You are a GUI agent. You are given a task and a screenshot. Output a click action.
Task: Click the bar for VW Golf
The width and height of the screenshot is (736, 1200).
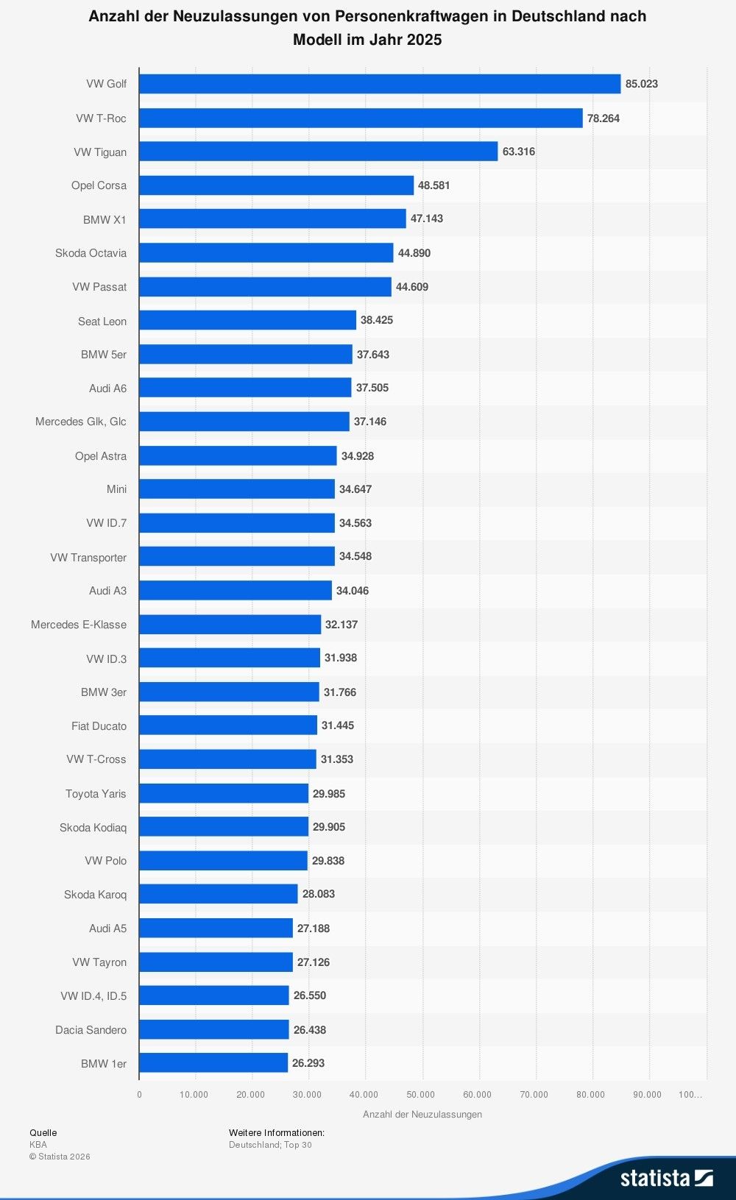(379, 84)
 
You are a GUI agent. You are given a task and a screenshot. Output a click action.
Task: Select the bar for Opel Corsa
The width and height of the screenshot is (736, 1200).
(276, 185)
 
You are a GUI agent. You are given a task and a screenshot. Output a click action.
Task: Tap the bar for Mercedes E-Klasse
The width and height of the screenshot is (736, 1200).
(230, 625)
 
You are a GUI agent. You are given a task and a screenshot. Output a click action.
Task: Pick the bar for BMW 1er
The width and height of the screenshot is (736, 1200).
(213, 1063)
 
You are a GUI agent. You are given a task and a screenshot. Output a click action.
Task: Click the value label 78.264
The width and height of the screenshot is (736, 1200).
(603, 118)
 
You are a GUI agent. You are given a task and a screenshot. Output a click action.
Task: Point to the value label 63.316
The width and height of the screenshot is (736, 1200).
(518, 152)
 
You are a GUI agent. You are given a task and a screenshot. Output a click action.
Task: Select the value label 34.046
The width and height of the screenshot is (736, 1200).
(352, 591)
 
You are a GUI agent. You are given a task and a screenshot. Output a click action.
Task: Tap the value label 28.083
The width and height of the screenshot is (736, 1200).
(318, 894)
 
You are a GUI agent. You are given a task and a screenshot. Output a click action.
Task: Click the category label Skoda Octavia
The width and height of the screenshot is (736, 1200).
(91, 253)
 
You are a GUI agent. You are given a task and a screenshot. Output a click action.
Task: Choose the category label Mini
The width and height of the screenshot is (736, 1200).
(116, 489)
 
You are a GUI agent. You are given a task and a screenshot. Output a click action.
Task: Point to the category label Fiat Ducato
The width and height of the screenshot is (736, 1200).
(99, 726)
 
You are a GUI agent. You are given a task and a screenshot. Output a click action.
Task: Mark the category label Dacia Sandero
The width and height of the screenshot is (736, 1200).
(91, 1030)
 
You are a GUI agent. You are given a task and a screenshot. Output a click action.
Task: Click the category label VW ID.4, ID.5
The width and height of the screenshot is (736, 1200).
(93, 996)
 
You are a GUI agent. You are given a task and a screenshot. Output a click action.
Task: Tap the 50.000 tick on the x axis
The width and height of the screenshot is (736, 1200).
(421, 1095)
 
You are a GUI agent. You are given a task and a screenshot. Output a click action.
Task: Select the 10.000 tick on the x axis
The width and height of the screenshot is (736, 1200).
(194, 1095)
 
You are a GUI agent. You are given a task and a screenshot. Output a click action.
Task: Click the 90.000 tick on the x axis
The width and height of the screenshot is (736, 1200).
(647, 1095)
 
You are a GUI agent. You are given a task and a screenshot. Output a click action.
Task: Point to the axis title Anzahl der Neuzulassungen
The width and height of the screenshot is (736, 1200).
(422, 1115)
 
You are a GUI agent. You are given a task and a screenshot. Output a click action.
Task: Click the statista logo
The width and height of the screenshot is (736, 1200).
(666, 1178)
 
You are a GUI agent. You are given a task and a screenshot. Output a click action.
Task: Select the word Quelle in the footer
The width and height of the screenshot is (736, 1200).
(43, 1133)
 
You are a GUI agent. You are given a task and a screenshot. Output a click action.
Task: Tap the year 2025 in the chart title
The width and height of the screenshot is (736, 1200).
(423, 40)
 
